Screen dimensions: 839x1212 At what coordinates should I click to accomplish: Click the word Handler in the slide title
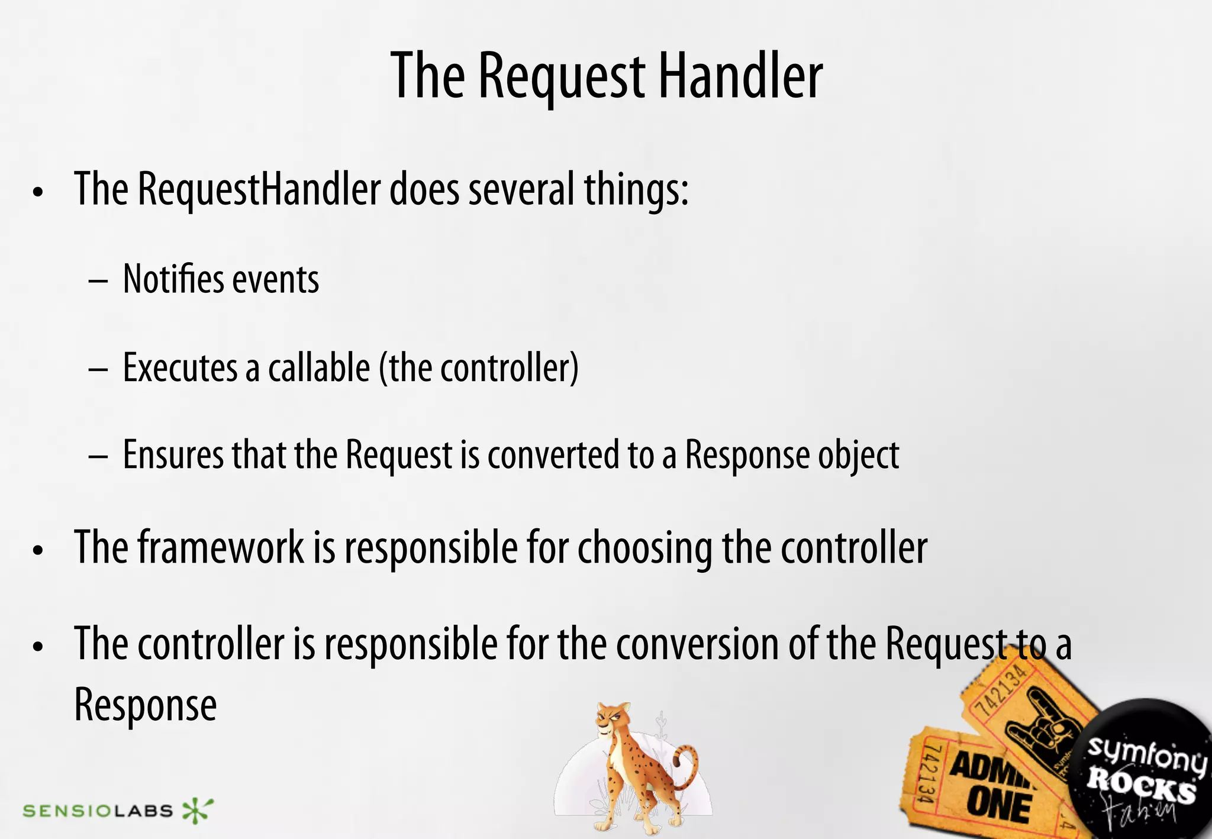click(740, 76)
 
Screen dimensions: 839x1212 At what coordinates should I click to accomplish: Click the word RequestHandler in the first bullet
click(259, 189)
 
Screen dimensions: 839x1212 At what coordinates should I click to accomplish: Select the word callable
click(319, 367)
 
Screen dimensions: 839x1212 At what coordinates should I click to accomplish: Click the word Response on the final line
click(146, 705)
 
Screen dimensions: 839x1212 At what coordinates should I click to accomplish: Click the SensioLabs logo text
click(98, 810)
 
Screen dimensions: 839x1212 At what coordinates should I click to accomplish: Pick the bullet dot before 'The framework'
click(38, 550)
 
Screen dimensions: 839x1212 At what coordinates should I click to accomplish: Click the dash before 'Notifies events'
click(98, 280)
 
